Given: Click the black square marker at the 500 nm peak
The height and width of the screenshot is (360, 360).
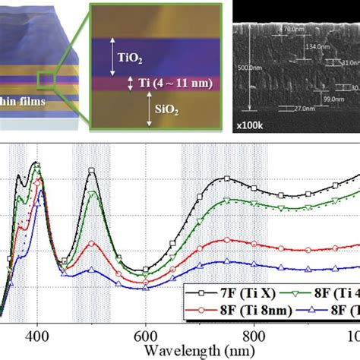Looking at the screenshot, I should point(91,172).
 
